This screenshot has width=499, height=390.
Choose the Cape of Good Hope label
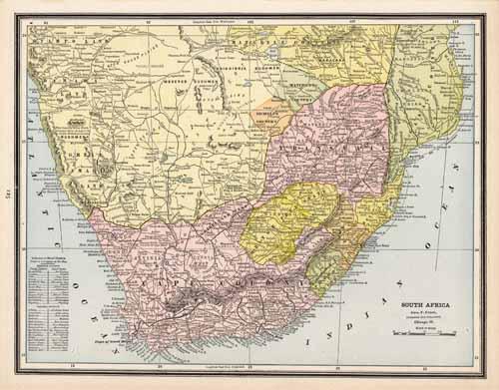point(111,340)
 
